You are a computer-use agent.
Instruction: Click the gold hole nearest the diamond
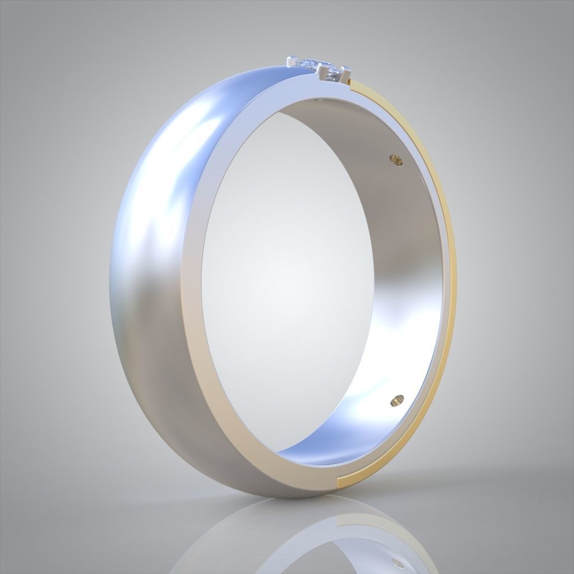point(396,160)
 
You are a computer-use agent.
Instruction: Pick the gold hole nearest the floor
point(397,400)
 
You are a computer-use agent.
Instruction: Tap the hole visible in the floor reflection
point(398,562)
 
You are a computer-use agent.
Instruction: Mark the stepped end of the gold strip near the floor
point(340,480)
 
